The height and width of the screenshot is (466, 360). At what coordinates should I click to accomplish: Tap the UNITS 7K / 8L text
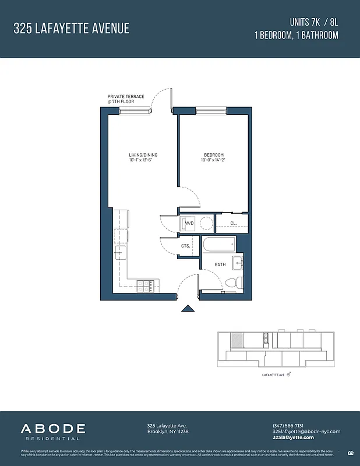pos(313,22)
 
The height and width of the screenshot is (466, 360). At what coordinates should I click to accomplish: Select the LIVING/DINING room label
pos(143,155)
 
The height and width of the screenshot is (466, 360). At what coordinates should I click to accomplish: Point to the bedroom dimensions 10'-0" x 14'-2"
pos(214,160)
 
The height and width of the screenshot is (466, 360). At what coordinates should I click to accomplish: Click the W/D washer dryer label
pos(189,223)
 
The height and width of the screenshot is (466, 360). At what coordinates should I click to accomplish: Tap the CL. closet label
pos(233,223)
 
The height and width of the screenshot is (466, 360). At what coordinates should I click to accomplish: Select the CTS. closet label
pos(186,246)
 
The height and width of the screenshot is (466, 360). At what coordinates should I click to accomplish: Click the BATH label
pos(220,264)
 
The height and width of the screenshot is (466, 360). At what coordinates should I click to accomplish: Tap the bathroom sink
pos(238,263)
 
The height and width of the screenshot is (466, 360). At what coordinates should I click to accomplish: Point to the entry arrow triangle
pos(188,309)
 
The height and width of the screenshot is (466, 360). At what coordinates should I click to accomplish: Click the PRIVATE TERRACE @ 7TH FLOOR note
pos(125,99)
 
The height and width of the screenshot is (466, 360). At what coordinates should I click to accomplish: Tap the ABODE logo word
pos(54,429)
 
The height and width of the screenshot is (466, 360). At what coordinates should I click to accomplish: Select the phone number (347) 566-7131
pos(289,425)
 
